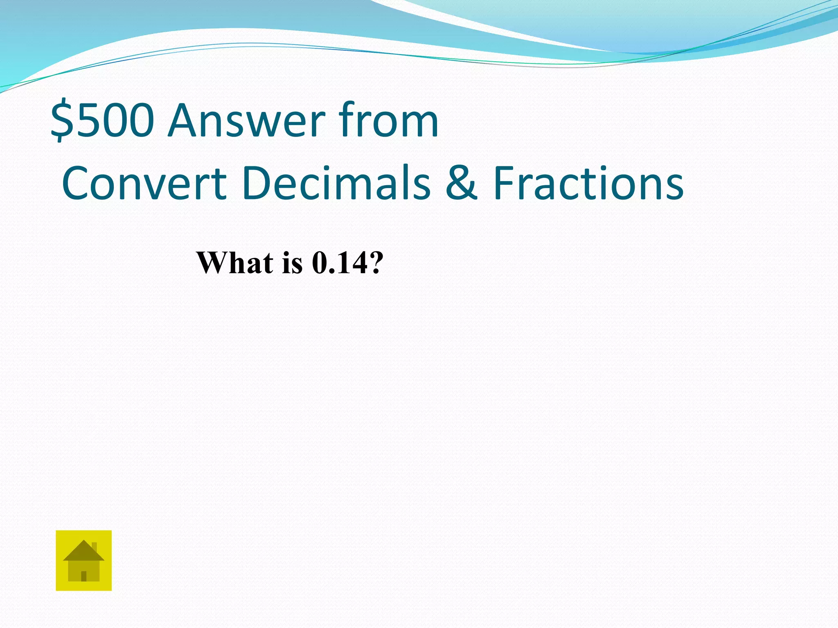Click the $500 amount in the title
point(102,121)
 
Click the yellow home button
point(83,560)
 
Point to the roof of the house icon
point(83,551)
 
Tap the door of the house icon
point(84,576)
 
